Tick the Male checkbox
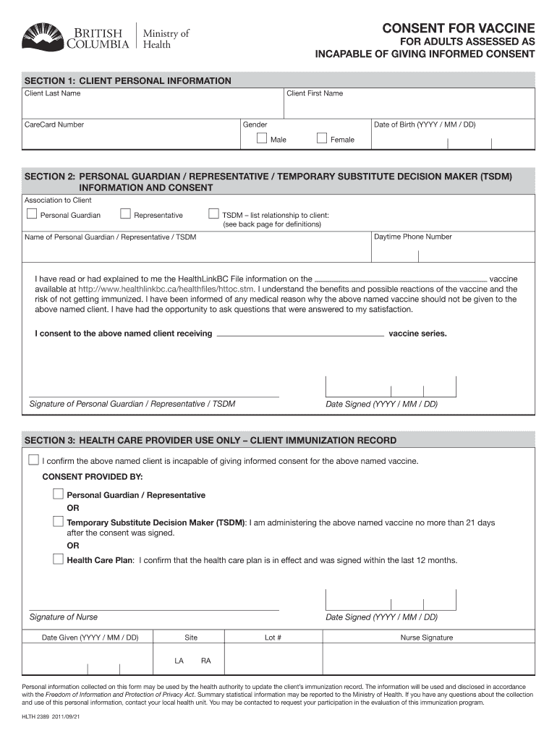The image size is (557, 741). coord(263,138)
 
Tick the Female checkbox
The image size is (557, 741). coord(322,138)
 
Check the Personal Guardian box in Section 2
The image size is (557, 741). coord(31,213)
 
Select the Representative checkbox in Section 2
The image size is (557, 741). coord(125,213)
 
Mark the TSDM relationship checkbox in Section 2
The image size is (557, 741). coord(213,213)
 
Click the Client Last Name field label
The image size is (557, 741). coord(53,93)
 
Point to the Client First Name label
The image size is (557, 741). coord(315,93)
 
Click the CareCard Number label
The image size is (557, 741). coord(54,124)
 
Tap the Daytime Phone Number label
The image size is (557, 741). coord(413,237)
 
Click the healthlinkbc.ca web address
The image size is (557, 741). coord(166,289)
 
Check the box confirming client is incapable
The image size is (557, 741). coord(33,460)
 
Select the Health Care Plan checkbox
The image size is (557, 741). coord(58,559)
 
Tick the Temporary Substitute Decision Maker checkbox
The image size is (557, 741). coord(58,521)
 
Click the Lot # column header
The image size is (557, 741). coord(273,638)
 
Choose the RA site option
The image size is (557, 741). coord(206,661)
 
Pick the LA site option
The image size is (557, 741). coord(179,661)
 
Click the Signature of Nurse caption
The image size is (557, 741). coord(64,617)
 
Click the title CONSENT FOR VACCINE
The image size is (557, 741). coord(459,29)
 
